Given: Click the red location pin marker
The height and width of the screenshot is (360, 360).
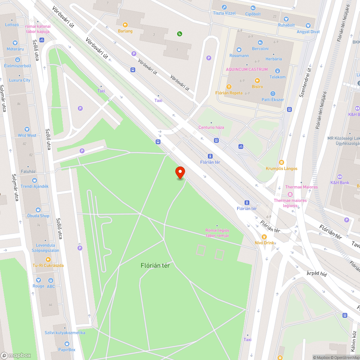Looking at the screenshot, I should click(x=180, y=172).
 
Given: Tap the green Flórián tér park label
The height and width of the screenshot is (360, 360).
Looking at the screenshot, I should click(x=155, y=266).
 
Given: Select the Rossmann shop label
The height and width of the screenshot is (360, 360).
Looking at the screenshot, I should click(x=239, y=56).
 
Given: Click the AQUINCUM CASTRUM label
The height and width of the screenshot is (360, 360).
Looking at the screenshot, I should click(x=247, y=69).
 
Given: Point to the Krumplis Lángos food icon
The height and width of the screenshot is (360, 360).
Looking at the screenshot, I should click(x=282, y=162).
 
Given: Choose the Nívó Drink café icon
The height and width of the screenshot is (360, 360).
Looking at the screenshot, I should click(x=264, y=237).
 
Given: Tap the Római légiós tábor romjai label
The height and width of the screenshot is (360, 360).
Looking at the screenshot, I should click(x=217, y=233).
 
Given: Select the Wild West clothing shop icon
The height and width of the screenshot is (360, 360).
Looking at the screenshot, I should click(x=27, y=129).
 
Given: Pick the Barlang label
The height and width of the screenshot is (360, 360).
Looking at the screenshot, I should click(x=125, y=31).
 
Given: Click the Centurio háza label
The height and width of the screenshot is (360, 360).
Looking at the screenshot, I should click(x=211, y=127).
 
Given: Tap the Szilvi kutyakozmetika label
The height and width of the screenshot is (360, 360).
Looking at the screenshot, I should click(x=65, y=333).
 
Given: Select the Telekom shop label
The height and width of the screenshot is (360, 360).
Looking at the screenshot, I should click(x=278, y=77).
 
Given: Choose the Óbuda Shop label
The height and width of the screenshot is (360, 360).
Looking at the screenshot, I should click(x=38, y=216).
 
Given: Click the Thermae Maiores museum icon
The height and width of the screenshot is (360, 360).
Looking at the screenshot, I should click(x=290, y=194).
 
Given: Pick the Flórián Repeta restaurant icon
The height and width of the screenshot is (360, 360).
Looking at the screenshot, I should click(x=229, y=86).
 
